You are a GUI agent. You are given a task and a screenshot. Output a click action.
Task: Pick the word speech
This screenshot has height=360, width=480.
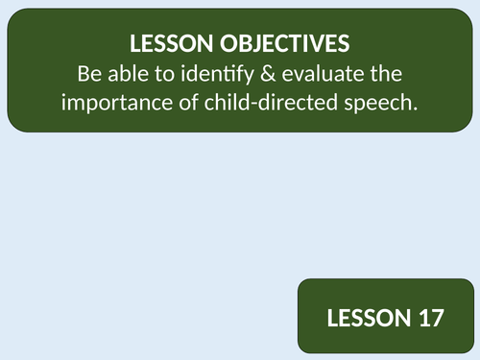(385, 103)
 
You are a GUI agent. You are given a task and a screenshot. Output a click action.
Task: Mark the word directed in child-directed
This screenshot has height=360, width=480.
(294, 103)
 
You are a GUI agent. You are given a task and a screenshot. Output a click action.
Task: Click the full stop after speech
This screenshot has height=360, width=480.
(418, 108)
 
